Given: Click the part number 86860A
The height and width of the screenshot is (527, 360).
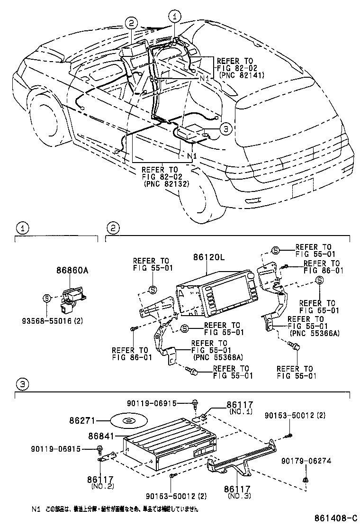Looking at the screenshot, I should pyautogui.click(x=73, y=271).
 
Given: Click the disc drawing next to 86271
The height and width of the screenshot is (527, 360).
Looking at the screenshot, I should pyautogui.click(x=128, y=420).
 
